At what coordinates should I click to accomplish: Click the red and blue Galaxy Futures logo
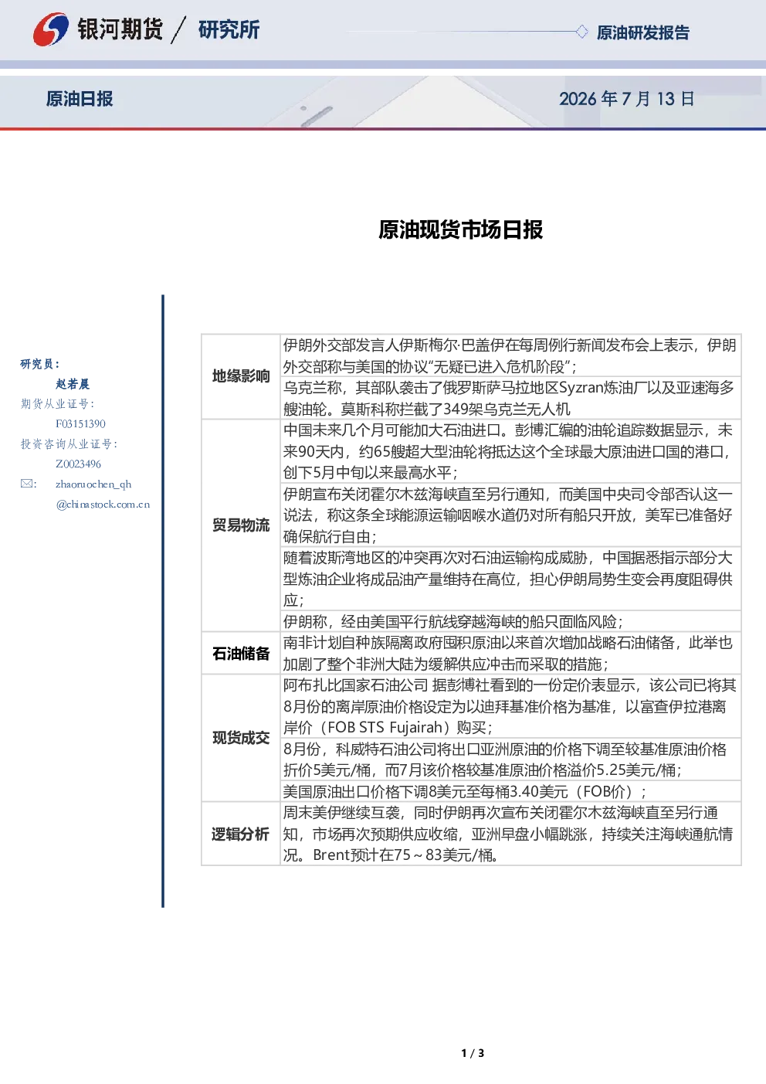(51, 29)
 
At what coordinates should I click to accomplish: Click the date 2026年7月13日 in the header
(626, 99)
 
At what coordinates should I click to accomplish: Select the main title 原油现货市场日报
(460, 229)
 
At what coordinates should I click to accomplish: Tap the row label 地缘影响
(241, 376)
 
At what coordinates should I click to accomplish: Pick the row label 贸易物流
(241, 525)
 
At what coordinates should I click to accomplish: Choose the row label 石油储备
(241, 654)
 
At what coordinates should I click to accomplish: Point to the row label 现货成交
(241, 738)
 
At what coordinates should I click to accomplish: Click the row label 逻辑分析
(240, 834)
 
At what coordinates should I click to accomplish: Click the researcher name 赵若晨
(73, 384)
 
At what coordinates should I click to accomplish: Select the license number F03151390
(80, 424)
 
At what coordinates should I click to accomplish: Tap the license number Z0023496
(78, 464)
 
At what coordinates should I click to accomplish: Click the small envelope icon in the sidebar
(27, 484)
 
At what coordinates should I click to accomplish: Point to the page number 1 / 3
(473, 1053)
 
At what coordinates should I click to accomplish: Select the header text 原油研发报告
(642, 32)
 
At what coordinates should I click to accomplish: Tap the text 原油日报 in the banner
(80, 99)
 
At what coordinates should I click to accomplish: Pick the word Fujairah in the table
(416, 727)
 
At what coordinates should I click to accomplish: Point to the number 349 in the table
(457, 409)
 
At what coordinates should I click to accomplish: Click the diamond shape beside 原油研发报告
(581, 32)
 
